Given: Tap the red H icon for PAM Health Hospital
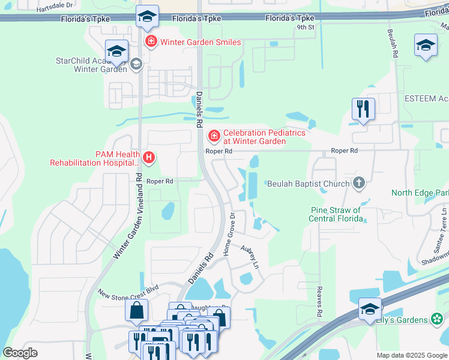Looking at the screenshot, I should click(149, 158).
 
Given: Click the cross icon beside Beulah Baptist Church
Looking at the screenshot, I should click(359, 184).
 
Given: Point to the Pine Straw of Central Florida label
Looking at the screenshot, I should click(336, 214).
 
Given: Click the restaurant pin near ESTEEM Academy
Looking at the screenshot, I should click(363, 109).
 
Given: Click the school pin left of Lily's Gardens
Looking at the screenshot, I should click(370, 309).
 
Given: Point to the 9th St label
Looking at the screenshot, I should click(305, 27).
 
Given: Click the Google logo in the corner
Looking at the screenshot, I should click(20, 353).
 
